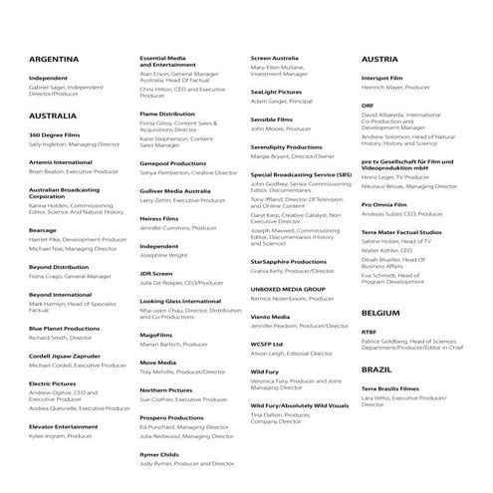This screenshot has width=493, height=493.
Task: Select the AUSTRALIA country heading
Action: coord(55,116)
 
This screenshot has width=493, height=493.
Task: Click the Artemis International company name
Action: coord(61,161)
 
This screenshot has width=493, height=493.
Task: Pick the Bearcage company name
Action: coord(43,230)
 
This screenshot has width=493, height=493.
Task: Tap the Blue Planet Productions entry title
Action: coord(65,328)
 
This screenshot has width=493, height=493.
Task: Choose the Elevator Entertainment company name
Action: coord(64,425)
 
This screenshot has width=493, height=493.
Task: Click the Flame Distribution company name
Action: coord(167,114)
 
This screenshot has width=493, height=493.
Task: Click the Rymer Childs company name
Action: coord(159,453)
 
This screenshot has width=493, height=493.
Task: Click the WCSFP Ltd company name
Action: coord(267,343)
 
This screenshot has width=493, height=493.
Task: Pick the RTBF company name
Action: coord(369,332)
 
